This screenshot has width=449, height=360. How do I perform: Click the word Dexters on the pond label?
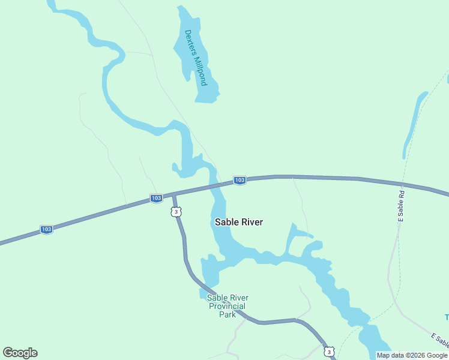click(x=190, y=43)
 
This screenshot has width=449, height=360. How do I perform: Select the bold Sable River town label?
click(x=239, y=222)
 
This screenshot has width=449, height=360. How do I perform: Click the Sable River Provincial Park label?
click(x=227, y=306)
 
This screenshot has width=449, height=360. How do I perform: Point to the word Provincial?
click(x=227, y=306)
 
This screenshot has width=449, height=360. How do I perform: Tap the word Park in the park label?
click(x=227, y=314)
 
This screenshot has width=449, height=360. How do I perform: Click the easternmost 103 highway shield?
click(x=240, y=180)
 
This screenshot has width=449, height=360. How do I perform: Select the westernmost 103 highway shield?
click(x=46, y=229)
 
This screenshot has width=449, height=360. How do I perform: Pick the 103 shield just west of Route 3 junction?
click(x=156, y=198)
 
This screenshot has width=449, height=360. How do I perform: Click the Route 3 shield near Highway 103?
click(x=175, y=211)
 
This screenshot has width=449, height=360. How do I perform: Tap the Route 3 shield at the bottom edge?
click(x=328, y=351)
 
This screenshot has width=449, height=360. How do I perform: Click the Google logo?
click(x=20, y=353)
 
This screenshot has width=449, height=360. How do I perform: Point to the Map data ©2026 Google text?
click(x=412, y=355)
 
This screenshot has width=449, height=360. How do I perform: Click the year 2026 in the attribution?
click(x=420, y=355)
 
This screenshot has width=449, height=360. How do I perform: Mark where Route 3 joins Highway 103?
click(x=173, y=195)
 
